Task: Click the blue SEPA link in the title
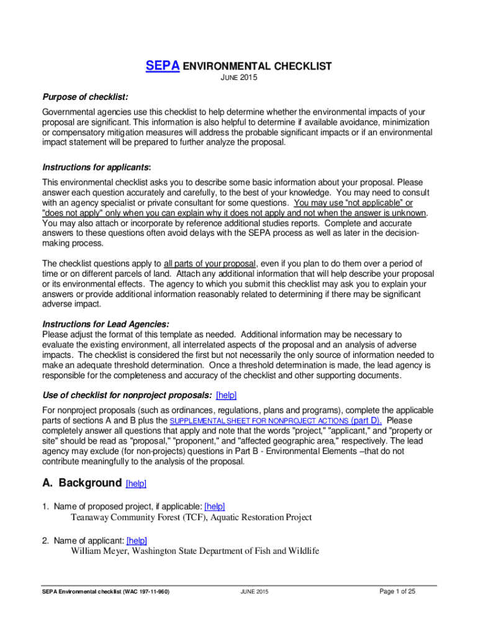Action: point(162,66)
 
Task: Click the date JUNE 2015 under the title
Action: point(238,79)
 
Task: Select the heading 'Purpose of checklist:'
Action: point(85,97)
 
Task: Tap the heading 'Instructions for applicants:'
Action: point(96,168)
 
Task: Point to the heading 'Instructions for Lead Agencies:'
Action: point(105,324)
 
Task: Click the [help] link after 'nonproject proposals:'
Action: point(226,395)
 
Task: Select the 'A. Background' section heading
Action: point(81,482)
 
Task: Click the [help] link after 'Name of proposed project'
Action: point(214,507)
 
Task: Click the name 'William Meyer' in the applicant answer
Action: point(99,551)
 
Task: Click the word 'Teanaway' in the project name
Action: point(91,517)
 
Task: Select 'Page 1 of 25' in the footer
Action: point(397,592)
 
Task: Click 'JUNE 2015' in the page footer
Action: point(253,592)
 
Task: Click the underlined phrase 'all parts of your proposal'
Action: point(210,263)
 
